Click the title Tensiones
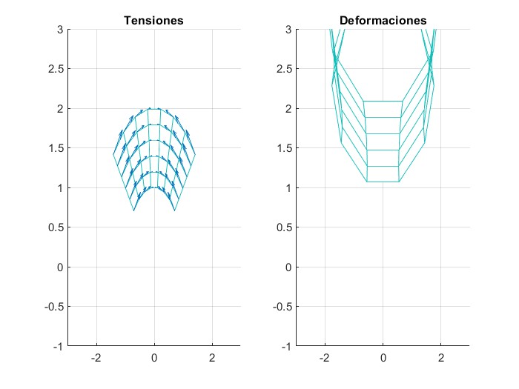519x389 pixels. click(153, 21)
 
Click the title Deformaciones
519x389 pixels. click(383, 21)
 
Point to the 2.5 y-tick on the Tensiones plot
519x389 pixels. click(55, 69)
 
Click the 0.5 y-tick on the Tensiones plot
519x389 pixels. click(55, 227)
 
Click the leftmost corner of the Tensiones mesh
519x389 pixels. click(113, 154)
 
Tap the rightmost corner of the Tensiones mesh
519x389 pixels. click(195, 154)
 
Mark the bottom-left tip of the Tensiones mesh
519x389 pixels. click(133, 211)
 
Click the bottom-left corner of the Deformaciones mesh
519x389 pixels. click(367, 182)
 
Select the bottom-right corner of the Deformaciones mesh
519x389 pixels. click(399, 182)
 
